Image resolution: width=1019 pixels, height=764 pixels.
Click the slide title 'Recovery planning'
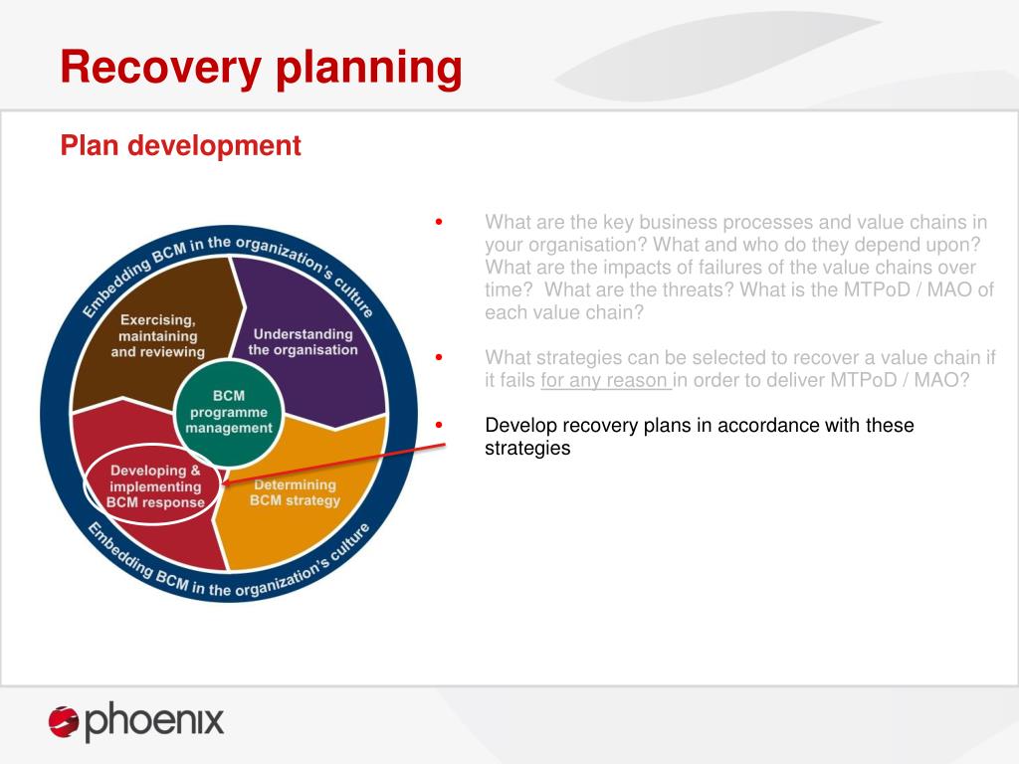click(x=262, y=69)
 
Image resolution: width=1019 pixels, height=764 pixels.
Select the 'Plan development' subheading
click(x=181, y=145)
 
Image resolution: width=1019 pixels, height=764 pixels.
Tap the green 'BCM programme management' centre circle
click(x=229, y=412)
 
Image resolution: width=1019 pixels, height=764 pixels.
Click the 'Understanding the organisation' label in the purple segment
click(x=303, y=342)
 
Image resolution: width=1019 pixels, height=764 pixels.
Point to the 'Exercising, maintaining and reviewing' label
click(x=158, y=336)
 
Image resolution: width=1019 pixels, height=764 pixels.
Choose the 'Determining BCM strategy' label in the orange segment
click(x=295, y=492)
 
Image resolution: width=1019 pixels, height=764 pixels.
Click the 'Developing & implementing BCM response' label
click(x=155, y=485)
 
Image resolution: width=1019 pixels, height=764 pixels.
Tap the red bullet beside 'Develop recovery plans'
click(x=439, y=425)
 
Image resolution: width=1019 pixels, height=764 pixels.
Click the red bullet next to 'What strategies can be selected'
click(x=439, y=357)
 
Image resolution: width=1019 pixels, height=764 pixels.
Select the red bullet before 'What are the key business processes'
click(x=439, y=222)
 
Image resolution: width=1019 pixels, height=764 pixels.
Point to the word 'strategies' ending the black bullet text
click(x=527, y=449)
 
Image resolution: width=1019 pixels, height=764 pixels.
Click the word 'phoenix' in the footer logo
click(x=154, y=721)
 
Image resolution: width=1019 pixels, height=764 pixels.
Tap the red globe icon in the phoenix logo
click(x=64, y=722)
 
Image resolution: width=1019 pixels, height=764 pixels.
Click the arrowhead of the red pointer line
click(x=226, y=482)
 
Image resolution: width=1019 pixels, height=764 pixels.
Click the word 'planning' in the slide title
click(x=369, y=70)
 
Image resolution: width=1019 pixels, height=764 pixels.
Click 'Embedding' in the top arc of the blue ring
click(x=115, y=284)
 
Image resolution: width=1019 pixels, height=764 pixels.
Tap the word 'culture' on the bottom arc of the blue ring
click(x=351, y=540)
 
